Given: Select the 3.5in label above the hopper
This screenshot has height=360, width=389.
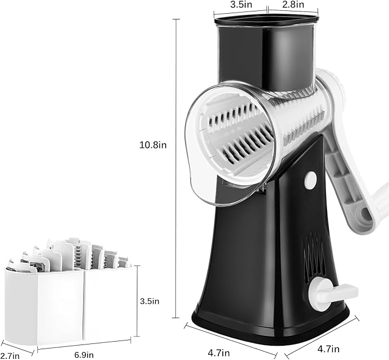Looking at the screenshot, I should (241, 5).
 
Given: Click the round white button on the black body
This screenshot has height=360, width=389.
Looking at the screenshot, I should (310, 180).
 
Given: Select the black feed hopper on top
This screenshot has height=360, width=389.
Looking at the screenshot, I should (266, 52).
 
